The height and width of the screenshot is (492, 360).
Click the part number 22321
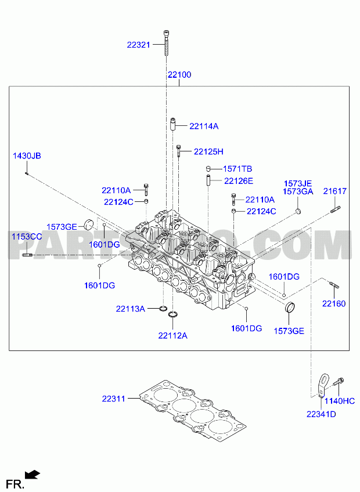(x=139, y=45)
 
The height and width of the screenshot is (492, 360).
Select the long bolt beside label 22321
(x=166, y=43)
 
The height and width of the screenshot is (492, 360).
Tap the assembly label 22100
(x=179, y=75)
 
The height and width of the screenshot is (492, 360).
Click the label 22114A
(x=204, y=126)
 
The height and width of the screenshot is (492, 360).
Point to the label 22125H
(x=208, y=151)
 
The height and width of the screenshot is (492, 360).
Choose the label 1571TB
(x=237, y=169)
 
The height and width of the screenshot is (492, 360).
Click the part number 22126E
(x=239, y=181)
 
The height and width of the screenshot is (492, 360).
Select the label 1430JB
(x=27, y=155)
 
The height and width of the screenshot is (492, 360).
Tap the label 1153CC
(x=27, y=236)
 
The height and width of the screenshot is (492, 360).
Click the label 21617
(x=335, y=191)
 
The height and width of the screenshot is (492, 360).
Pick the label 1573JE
(x=298, y=183)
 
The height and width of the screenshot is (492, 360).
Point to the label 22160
(x=334, y=303)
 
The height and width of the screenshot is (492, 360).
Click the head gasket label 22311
(x=113, y=399)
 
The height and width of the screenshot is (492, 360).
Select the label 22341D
(x=321, y=414)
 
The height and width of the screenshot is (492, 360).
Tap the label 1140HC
(x=340, y=401)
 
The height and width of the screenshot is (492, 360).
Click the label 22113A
(x=131, y=309)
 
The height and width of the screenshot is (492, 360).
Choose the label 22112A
(x=173, y=336)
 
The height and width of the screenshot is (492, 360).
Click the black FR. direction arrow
(x=33, y=475)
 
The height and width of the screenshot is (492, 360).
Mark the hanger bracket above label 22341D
(x=323, y=385)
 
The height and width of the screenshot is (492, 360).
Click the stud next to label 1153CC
(x=27, y=255)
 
